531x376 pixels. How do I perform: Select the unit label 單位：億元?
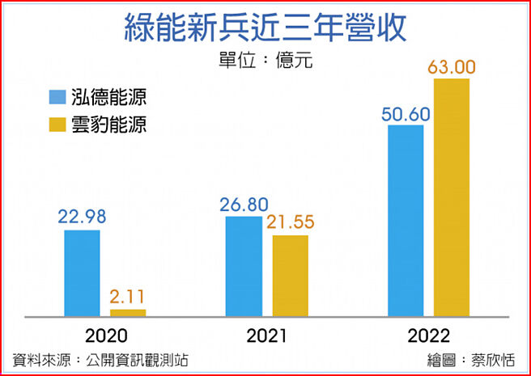point(265,61)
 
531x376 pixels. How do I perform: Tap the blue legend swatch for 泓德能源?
point(57,98)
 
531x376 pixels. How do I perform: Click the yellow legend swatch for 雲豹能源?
point(57,125)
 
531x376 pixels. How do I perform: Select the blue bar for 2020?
point(83,272)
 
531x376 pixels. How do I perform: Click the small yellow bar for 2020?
point(128,312)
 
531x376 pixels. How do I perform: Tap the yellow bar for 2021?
point(290,275)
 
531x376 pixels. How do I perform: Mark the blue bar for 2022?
point(406,220)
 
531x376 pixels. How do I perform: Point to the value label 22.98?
point(82,217)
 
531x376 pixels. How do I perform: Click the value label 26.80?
point(244,203)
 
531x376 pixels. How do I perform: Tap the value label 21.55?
point(291,222)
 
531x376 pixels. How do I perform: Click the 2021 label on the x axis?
point(267,336)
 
